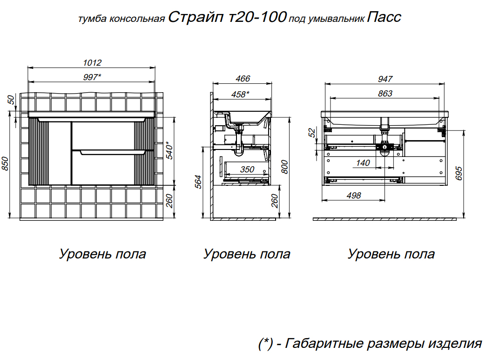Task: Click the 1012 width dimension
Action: click(x=92, y=62)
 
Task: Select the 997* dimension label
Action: click(x=92, y=77)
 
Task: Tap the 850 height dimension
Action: click(x=5, y=163)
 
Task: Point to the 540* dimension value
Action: click(x=169, y=150)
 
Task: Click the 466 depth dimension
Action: click(x=243, y=79)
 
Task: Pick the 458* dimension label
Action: click(x=240, y=94)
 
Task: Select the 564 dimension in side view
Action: click(x=198, y=182)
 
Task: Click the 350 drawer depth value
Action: click(x=247, y=170)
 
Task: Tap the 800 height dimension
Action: click(x=284, y=167)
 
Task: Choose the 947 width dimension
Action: click(x=385, y=79)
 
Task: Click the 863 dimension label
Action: click(x=385, y=93)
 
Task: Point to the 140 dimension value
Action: click(x=363, y=163)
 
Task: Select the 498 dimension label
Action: click(x=354, y=195)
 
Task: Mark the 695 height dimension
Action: click(x=459, y=173)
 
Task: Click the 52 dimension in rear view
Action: click(x=312, y=132)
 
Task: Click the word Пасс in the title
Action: click(x=384, y=17)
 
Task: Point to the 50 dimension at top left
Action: click(x=11, y=100)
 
